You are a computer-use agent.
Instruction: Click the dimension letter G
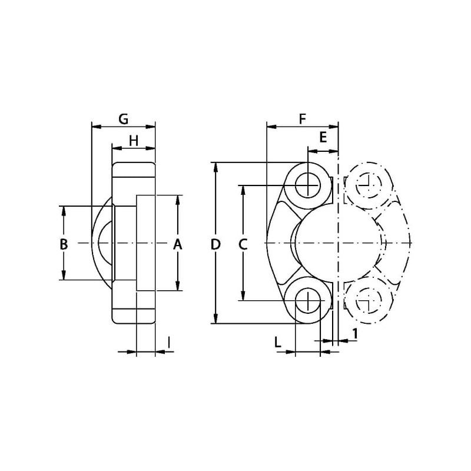coord(124,120)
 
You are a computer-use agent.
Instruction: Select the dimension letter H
coord(134,141)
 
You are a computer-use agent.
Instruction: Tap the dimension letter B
coord(64,244)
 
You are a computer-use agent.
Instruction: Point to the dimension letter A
coord(178,244)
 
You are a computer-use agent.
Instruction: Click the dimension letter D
coord(215,244)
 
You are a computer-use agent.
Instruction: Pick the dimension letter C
coord(243,244)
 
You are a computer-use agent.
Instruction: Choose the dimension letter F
coord(302,120)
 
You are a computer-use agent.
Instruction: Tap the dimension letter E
coord(323,137)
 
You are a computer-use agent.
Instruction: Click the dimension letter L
coord(277,342)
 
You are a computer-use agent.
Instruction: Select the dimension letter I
coord(170,342)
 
